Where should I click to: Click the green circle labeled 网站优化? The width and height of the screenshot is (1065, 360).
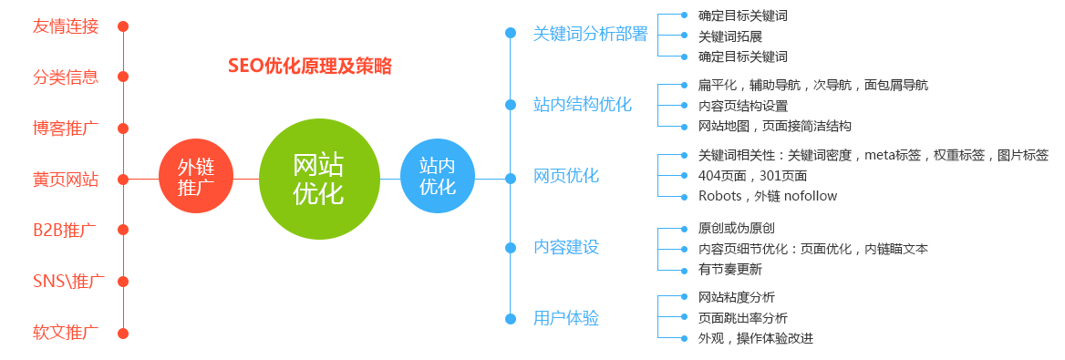(318, 180)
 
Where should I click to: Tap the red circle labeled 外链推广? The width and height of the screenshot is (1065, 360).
(194, 179)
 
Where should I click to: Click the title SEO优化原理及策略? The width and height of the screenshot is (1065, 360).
(309, 67)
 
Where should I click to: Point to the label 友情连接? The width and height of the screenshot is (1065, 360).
(65, 26)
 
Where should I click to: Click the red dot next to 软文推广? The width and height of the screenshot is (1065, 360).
(123, 333)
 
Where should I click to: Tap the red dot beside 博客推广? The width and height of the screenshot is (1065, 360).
(123, 128)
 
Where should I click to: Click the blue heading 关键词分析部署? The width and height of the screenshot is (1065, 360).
(590, 34)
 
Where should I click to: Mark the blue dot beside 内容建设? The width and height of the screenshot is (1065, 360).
(511, 247)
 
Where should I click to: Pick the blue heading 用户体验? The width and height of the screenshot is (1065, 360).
(566, 318)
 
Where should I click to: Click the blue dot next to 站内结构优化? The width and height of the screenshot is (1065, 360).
(511, 105)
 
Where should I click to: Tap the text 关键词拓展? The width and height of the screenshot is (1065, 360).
(729, 36)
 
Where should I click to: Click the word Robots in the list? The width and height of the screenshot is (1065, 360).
(719, 196)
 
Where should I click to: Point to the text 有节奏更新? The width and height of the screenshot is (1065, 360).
(729, 269)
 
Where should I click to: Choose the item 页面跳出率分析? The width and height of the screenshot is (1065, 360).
(742, 318)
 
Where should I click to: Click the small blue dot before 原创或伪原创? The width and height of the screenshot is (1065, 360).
(685, 228)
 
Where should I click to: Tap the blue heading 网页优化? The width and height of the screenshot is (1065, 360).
(566, 176)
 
